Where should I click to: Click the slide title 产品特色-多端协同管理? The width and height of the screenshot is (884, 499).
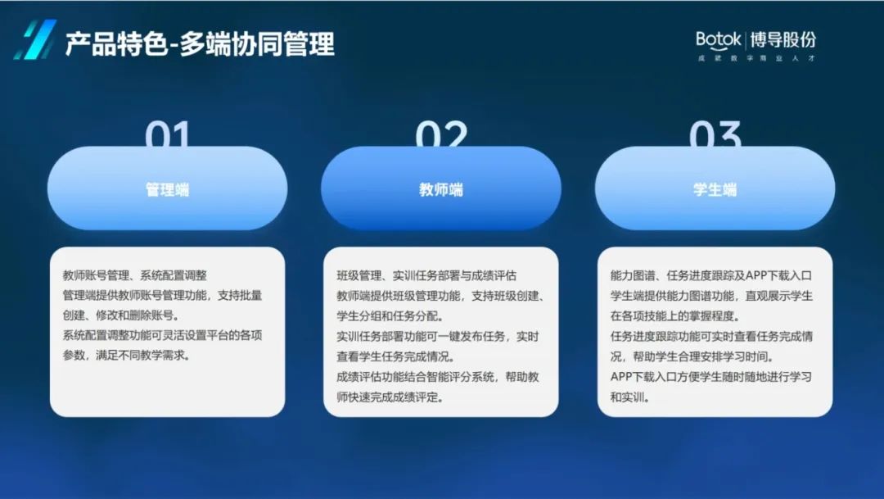(201, 43)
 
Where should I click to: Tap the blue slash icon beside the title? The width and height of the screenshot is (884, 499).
(35, 39)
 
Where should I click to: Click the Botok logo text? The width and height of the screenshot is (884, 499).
(719, 39)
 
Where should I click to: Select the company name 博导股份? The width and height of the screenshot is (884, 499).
(783, 39)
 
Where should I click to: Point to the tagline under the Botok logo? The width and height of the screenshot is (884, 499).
(756, 58)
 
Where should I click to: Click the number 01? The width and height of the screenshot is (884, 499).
(168, 134)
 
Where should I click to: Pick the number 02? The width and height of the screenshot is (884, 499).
(441, 134)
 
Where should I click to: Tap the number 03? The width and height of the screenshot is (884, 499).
(715, 134)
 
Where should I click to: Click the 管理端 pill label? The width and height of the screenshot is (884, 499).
(168, 189)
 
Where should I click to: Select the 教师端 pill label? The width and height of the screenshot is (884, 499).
(441, 189)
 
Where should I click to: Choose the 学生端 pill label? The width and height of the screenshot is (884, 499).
(715, 189)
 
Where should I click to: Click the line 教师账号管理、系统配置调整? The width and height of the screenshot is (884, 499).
(135, 275)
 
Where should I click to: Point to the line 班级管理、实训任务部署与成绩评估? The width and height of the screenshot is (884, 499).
(426, 275)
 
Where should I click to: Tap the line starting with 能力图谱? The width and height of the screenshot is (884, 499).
(711, 275)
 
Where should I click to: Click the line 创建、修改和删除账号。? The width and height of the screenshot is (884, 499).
(120, 315)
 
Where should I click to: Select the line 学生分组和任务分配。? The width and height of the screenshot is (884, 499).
(390, 315)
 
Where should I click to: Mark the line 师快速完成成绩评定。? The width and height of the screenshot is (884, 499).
(390, 397)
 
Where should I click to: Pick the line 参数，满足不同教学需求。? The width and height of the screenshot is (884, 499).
(126, 355)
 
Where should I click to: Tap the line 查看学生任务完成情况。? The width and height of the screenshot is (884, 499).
(395, 356)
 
